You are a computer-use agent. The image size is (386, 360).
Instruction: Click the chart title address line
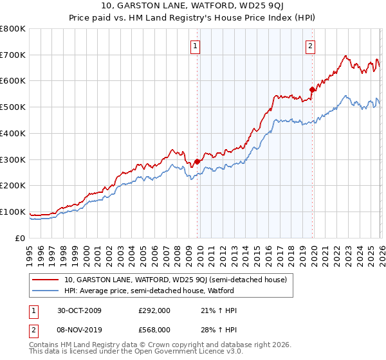point(192,7)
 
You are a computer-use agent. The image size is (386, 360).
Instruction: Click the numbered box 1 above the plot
point(194,46)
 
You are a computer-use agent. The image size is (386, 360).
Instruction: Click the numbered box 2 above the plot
point(310,46)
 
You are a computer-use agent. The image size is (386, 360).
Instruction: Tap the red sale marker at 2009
point(197,161)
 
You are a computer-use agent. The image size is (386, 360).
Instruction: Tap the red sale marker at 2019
point(312,89)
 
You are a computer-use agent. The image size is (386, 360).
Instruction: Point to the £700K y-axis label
point(13,55)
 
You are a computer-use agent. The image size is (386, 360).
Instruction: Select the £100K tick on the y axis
point(13,212)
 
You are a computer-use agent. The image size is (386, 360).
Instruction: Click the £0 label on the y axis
point(20,238)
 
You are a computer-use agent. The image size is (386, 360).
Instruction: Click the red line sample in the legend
point(46,280)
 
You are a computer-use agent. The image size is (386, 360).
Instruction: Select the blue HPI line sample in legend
point(46,291)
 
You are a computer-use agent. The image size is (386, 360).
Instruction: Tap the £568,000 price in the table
point(154,329)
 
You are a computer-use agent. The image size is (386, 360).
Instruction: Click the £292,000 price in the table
point(154,310)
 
